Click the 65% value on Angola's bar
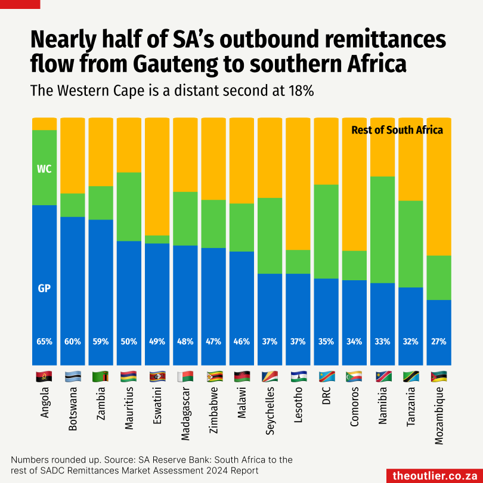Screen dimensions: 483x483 pos(45,342)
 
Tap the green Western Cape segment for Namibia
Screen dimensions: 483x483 pos(382,230)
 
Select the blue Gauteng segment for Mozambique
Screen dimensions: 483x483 pos(439,332)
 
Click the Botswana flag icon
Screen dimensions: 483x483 pos(73,377)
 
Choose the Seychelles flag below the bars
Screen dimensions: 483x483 pos(270,377)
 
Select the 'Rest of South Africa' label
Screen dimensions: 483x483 pos(397,129)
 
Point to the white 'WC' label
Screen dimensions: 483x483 pos(44,169)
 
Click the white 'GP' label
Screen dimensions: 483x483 pos(44,289)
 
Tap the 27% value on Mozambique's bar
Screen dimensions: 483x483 pos(439,342)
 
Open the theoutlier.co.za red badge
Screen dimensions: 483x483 pos(434,475)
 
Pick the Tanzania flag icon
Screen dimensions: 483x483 pos(410,377)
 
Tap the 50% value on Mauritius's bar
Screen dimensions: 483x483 pos(129,342)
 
